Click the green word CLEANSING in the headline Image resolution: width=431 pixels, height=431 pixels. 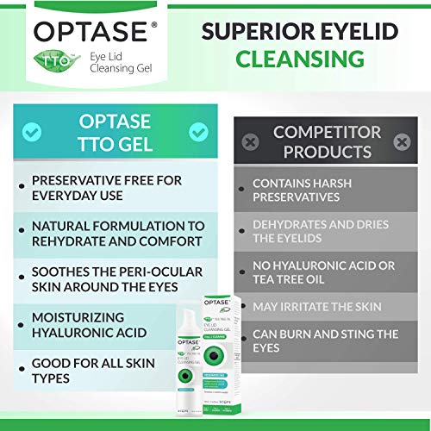pos(299,59)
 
